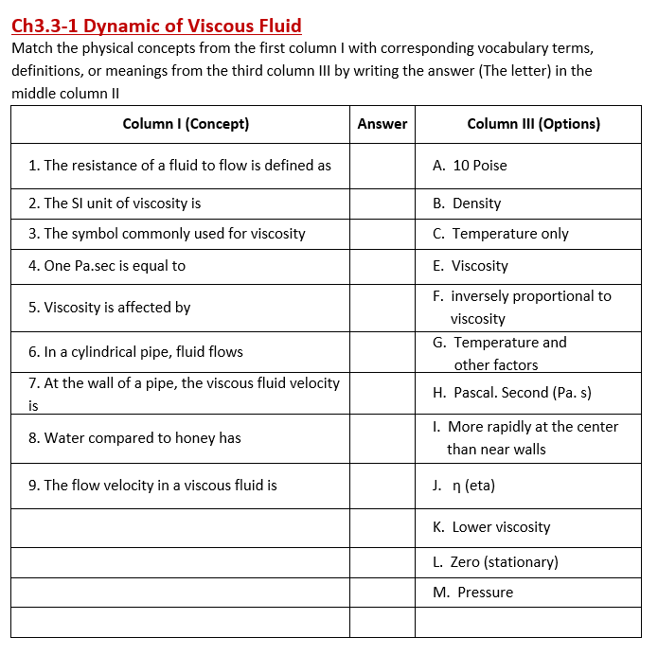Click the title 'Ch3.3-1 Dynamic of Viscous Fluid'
click(x=156, y=27)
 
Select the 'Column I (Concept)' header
click(x=186, y=124)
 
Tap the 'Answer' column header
click(x=382, y=124)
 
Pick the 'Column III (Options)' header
click(x=533, y=124)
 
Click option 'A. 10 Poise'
click(x=470, y=166)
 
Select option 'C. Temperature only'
click(x=500, y=234)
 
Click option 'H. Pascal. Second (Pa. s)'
click(x=511, y=393)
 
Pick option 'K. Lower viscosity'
click(x=490, y=527)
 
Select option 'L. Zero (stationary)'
click(x=494, y=562)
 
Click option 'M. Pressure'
click(x=472, y=593)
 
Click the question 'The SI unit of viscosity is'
click(x=115, y=204)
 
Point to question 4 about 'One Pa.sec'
click(x=107, y=266)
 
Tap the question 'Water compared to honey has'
click(x=134, y=438)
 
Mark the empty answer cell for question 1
click(x=382, y=166)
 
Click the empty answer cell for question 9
click(x=382, y=486)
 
